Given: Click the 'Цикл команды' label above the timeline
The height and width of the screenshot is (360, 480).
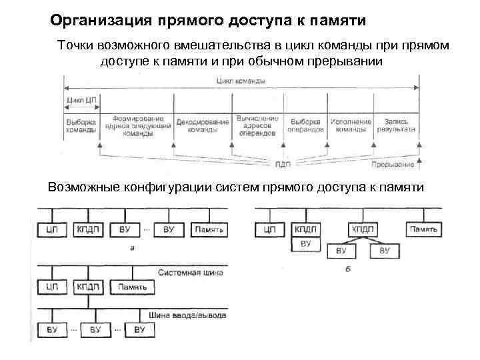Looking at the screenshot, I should click(241, 81).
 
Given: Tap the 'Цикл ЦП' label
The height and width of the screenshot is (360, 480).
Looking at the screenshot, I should click(82, 101).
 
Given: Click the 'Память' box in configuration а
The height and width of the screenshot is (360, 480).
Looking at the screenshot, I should click(210, 230).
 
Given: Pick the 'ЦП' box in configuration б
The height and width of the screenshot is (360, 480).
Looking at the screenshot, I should click(270, 230).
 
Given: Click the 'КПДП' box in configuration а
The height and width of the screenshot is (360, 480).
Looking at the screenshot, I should click(88, 230).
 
